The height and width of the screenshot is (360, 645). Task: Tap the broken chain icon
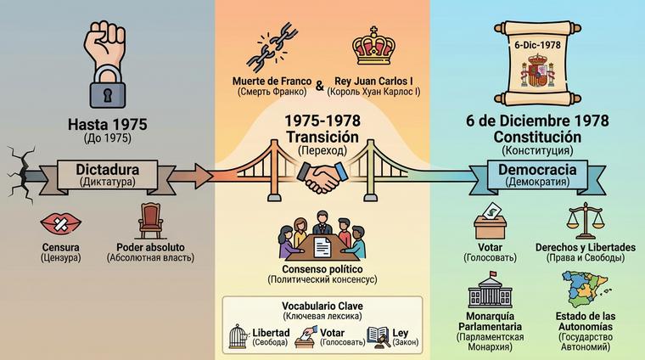tap(269, 49)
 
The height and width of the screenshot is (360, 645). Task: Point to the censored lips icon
tap(61, 224)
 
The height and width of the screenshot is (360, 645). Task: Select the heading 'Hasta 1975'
tap(107, 124)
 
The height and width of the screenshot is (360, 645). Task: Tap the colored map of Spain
tap(585, 285)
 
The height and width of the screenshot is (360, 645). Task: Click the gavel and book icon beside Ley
tap(378, 337)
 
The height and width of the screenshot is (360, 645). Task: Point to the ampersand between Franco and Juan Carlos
tap(319, 86)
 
